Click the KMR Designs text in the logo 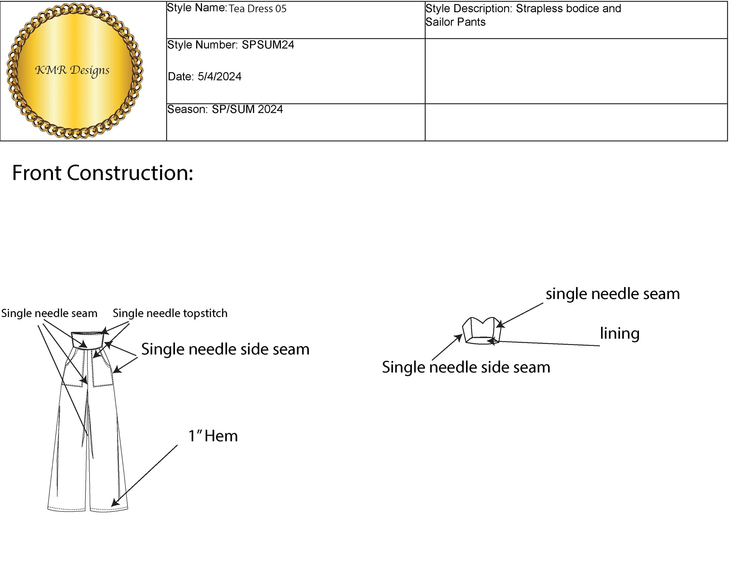pyautogui.click(x=72, y=71)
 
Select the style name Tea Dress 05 pyautogui.click(x=257, y=9)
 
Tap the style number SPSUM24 pyautogui.click(x=268, y=45)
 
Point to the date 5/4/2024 pyautogui.click(x=219, y=77)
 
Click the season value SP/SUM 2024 pyautogui.click(x=247, y=109)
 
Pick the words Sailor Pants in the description pyautogui.click(x=455, y=22)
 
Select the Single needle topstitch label pyautogui.click(x=170, y=313)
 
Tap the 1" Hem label pyautogui.click(x=213, y=436)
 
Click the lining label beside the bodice pyautogui.click(x=619, y=334)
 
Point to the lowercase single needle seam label pyautogui.click(x=612, y=294)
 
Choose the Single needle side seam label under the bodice pyautogui.click(x=466, y=367)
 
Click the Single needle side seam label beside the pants pyautogui.click(x=225, y=349)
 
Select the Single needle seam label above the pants pyautogui.click(x=49, y=313)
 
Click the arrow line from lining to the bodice pyautogui.click(x=548, y=343)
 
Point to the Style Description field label pyautogui.click(x=468, y=9)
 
